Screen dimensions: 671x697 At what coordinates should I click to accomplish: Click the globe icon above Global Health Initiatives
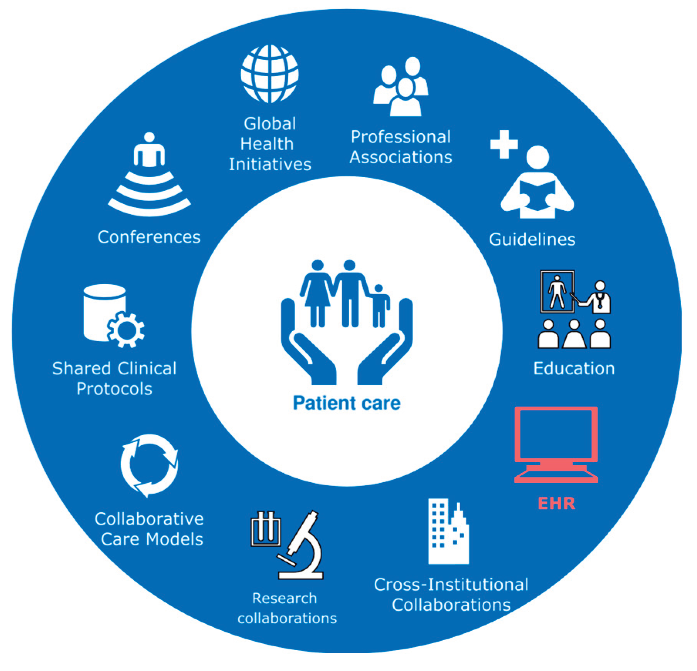coord(269,74)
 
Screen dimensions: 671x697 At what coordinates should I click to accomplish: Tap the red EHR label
coord(556,503)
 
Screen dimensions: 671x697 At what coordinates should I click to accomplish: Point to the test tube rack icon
coord(266,528)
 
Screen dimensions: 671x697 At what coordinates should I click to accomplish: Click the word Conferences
coord(149,237)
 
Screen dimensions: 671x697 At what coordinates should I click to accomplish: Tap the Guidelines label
coord(532,239)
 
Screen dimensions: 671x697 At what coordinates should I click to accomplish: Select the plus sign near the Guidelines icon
coord(504,144)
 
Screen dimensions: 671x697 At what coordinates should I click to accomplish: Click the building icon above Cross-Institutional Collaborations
coord(448,532)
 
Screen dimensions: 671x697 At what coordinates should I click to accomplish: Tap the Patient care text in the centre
coord(347,403)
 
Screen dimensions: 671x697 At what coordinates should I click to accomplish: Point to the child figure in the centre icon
coord(379,306)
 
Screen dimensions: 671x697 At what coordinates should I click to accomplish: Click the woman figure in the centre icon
coord(317,293)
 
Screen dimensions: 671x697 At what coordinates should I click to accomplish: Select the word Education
coord(574,368)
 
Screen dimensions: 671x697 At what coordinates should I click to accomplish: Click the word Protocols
coord(114,389)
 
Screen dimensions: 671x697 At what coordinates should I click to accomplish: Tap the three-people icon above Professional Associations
coord(401,87)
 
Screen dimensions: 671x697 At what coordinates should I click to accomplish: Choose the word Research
coord(285,598)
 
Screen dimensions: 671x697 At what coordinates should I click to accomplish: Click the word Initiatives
coord(270,164)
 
